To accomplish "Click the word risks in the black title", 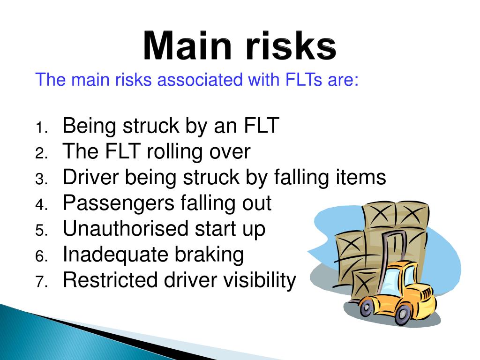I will coord(291,46).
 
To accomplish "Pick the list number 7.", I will coord(41,282).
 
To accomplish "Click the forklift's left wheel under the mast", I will coord(366,308).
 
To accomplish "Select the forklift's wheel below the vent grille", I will coord(402,314).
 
